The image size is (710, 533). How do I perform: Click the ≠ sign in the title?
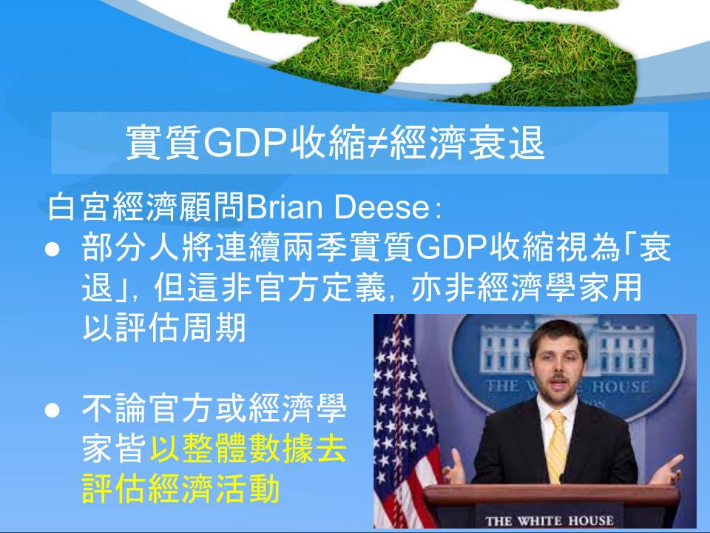point(377,142)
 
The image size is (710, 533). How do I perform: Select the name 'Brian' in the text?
point(284,207)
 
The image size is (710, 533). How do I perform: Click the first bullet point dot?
point(53,249)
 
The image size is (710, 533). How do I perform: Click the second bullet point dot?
point(53,409)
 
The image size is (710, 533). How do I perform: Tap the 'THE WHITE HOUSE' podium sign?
point(550,520)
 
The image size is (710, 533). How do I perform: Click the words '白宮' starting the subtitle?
point(80,207)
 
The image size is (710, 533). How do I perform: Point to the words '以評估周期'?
point(164,328)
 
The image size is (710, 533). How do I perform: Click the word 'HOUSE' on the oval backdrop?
point(621,386)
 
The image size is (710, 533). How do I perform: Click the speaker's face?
point(558,364)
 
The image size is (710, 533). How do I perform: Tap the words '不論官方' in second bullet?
point(148,409)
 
